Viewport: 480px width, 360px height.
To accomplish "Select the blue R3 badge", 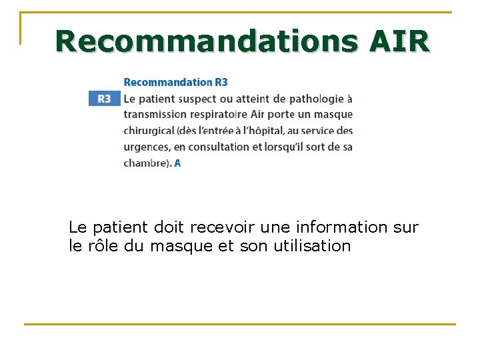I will (105, 99).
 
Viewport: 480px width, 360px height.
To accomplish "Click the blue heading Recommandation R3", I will (175, 82).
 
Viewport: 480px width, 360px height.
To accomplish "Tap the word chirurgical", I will (148, 131).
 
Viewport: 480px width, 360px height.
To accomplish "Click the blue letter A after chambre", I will (177, 163).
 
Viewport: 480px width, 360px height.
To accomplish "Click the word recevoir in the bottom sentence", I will (222, 227).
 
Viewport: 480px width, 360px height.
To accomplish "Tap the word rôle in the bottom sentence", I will (101, 246).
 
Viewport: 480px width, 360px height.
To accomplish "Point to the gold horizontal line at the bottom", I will (240, 324).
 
